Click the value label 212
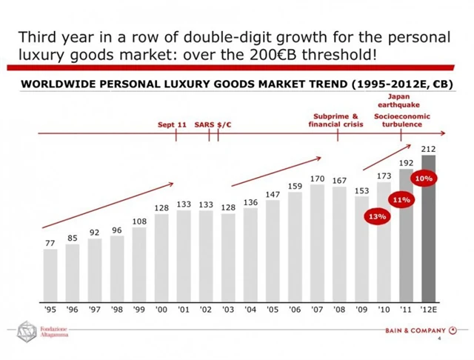tap(428, 149)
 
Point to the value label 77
tap(50, 242)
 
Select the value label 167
tap(339, 180)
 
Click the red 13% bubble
tap(377, 216)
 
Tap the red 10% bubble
tap(424, 179)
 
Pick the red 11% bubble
tap(401, 199)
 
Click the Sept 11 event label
tap(172, 124)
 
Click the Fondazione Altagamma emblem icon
tap(27, 332)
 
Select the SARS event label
tap(204, 124)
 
